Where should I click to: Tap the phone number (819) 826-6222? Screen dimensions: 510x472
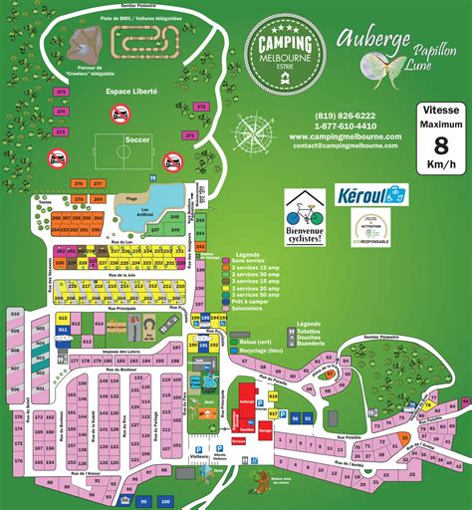[x=346, y=116]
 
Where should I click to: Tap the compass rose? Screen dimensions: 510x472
[x=255, y=135]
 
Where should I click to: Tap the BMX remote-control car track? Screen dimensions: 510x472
[x=144, y=42]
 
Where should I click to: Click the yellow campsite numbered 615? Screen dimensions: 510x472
[x=62, y=319]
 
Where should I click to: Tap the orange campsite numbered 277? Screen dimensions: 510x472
[x=98, y=184]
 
